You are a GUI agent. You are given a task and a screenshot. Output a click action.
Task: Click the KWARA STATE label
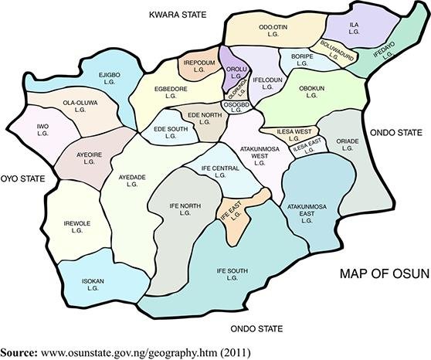tap(180, 14)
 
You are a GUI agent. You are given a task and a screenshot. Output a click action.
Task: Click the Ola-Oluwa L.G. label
tap(78, 106)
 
